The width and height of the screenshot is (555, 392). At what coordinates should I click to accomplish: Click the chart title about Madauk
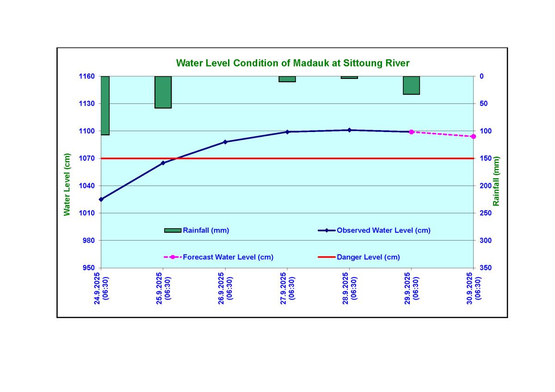point(293,63)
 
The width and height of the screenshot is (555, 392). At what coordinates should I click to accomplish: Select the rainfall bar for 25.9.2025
point(163,92)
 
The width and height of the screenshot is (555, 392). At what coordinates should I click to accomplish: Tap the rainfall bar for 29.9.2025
point(411,85)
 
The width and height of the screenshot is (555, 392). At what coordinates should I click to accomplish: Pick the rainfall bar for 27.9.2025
point(287,79)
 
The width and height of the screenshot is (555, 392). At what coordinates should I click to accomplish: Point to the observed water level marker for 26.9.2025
point(225,142)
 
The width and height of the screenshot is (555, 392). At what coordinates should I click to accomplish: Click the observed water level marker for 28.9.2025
point(349,130)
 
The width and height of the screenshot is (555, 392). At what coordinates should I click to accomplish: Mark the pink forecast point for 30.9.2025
point(473,137)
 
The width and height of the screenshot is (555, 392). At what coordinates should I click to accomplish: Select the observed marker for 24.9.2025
point(101,199)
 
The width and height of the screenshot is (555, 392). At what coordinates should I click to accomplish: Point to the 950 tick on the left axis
point(88,268)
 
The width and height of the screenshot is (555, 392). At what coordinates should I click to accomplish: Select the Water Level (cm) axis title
point(68,184)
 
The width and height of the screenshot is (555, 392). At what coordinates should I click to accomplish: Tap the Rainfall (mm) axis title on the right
point(496,181)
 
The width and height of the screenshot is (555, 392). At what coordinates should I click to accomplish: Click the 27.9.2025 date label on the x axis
point(287,287)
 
